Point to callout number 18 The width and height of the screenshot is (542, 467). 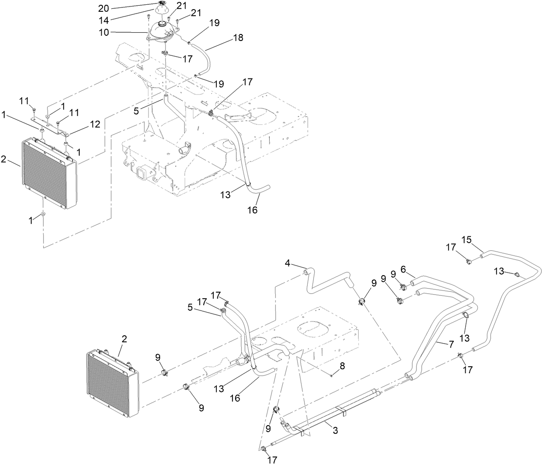pyautogui.click(x=238, y=37)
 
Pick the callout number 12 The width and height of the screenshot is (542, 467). pyautogui.click(x=95, y=124)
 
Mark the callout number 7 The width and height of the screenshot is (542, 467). pyautogui.click(x=342, y=366)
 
